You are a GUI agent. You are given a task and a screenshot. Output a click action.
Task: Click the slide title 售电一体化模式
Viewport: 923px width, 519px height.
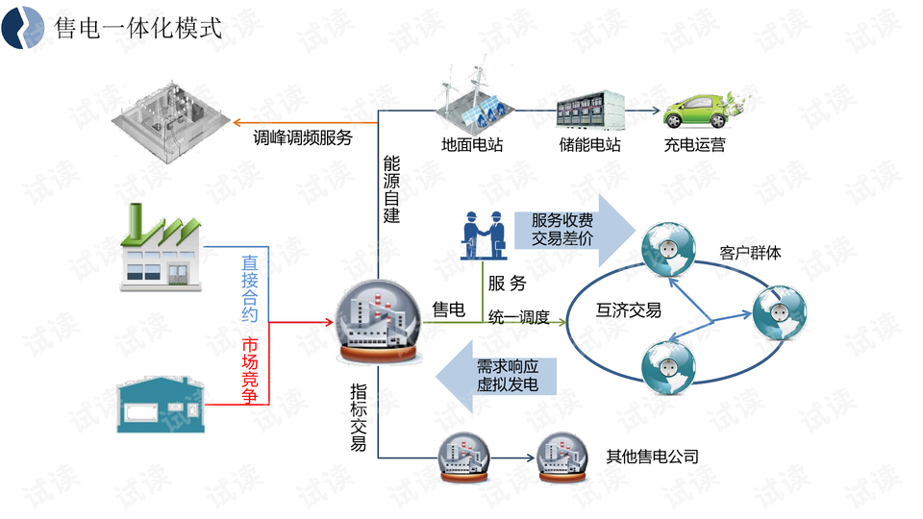click(138, 28)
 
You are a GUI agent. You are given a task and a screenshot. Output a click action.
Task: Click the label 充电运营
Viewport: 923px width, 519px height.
click(694, 146)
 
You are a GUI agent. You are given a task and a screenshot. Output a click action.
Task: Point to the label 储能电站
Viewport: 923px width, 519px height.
click(589, 146)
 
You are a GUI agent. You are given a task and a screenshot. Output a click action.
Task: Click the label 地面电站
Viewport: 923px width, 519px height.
click(472, 146)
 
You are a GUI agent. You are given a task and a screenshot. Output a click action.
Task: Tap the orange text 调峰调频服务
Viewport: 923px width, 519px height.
click(303, 137)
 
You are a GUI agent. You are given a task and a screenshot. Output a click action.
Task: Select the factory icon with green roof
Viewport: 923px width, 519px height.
click(162, 248)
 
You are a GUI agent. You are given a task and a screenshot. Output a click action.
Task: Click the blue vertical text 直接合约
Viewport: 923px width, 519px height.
click(250, 287)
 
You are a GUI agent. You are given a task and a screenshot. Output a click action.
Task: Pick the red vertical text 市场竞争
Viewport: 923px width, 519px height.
click(250, 371)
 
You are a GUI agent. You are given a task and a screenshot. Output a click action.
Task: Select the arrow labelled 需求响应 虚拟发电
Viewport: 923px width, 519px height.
click(500, 376)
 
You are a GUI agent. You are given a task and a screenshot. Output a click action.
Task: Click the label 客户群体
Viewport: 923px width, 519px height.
click(751, 254)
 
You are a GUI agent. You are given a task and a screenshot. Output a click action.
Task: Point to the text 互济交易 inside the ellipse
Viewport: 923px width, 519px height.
click(629, 310)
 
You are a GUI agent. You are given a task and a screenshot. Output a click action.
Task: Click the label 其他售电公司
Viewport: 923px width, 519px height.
click(652, 456)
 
